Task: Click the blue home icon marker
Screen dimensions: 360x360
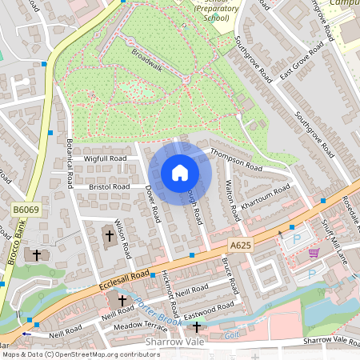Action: coord(180,172)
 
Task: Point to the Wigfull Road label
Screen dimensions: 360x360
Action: coord(105,158)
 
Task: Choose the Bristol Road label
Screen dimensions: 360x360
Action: coord(110,186)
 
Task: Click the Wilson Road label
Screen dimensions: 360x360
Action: coord(122,238)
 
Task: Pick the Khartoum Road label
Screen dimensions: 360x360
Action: coord(265,198)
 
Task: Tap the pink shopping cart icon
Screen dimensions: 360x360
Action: coord(314,253)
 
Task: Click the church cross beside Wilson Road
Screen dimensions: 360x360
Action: coord(110,236)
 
